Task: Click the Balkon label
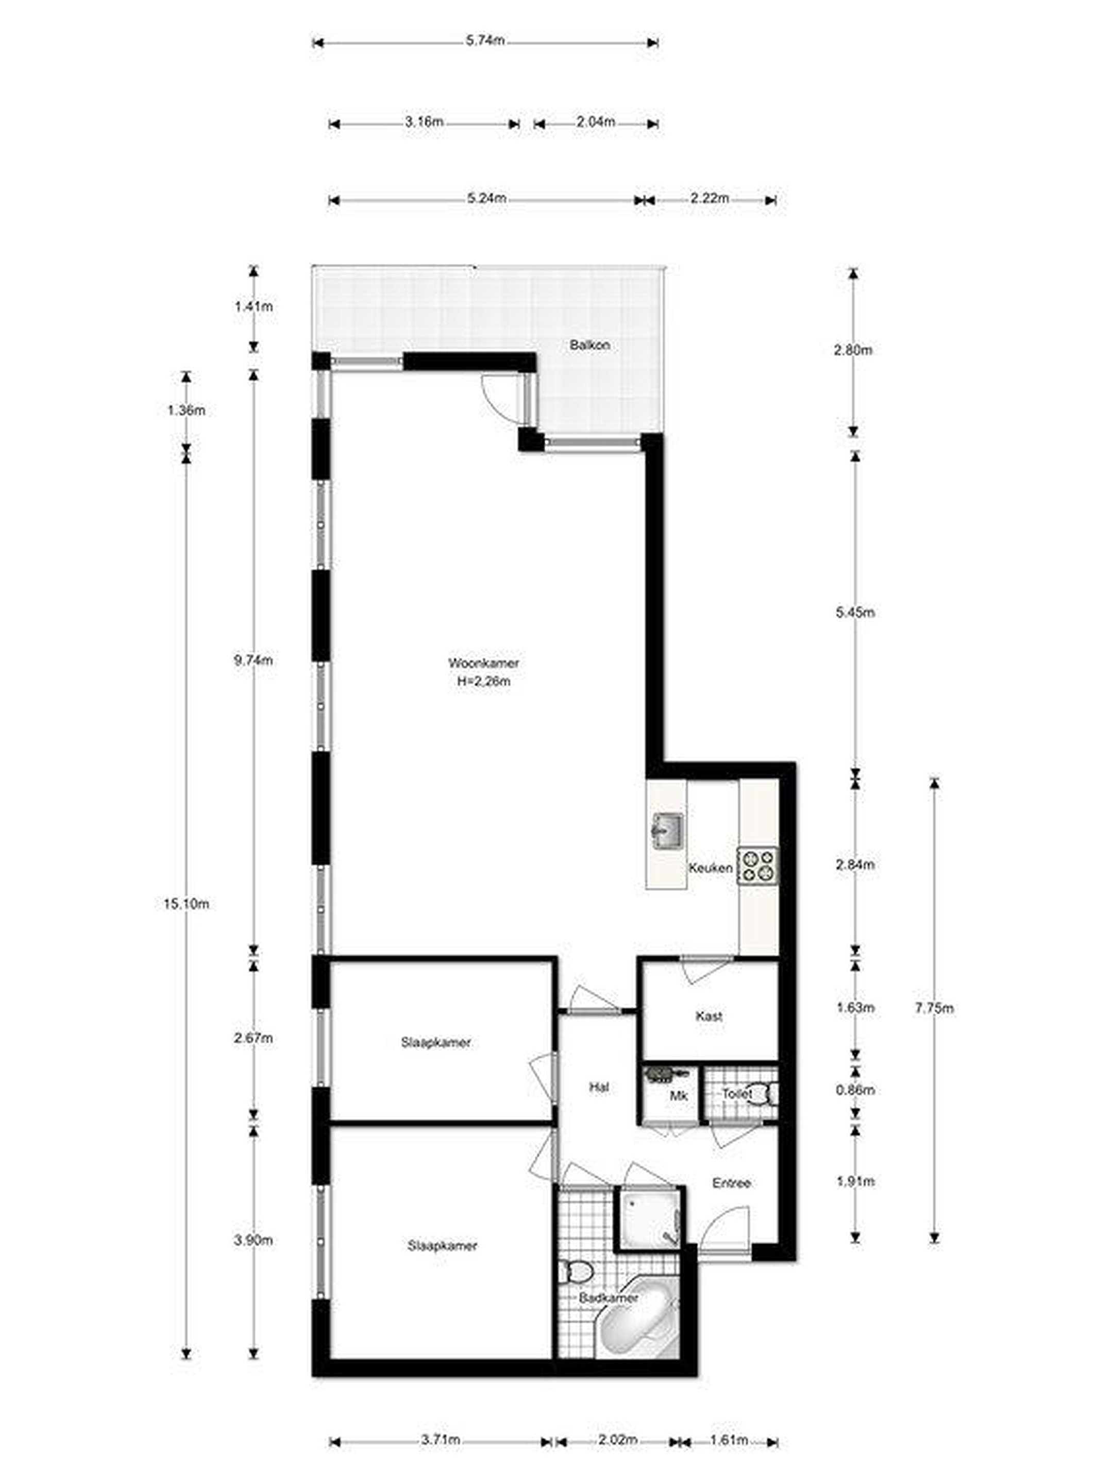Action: [589, 346]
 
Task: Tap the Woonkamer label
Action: [483, 663]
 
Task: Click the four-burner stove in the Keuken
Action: [757, 865]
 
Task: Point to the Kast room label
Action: [709, 1016]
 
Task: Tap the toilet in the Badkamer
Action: [576, 1269]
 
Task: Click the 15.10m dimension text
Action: [186, 904]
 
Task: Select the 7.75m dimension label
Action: [934, 1008]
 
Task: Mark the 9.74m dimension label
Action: [253, 660]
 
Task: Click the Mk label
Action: [679, 1097]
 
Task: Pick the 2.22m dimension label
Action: [709, 198]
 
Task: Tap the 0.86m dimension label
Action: [855, 1090]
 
